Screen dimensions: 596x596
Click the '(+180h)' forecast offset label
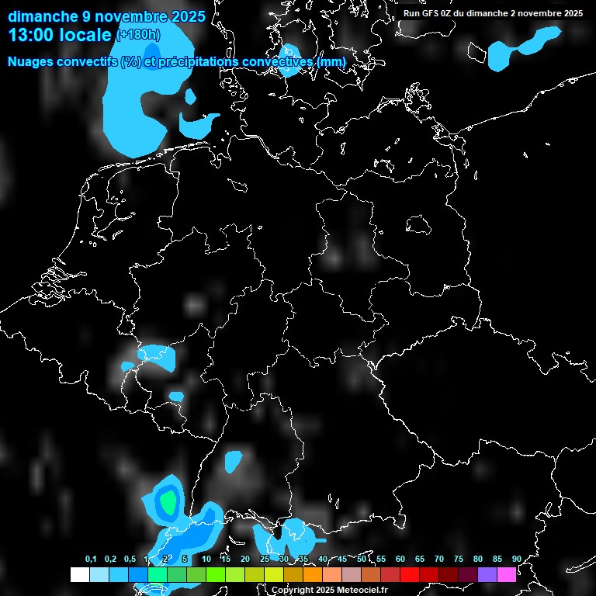pos(138,35)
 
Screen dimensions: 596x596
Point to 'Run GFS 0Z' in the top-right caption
pos(430,13)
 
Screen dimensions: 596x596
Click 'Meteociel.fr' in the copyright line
pos(357,590)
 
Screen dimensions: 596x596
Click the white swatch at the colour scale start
pos(79,574)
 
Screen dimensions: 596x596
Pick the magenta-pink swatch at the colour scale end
pos(507,574)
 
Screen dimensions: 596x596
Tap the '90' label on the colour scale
pos(516,560)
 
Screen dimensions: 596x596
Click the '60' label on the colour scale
pos(400,560)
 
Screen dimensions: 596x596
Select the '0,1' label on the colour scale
pos(91,560)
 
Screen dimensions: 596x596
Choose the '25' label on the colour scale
pos(265,560)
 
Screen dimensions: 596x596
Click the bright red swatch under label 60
pos(410,574)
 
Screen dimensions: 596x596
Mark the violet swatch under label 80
pos(487,574)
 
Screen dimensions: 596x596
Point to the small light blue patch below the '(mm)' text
pos(290,61)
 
